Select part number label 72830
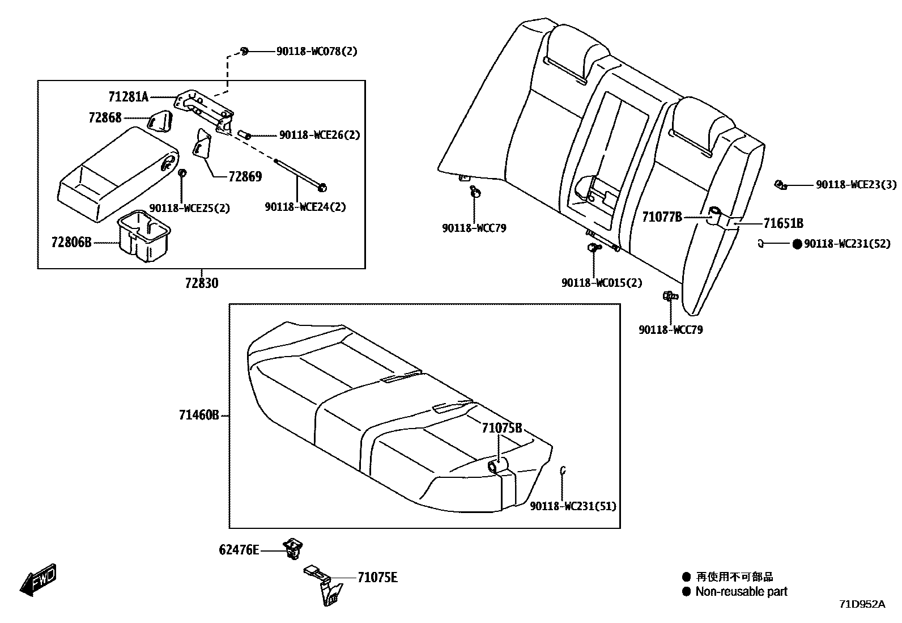(x=201, y=282)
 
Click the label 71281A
(x=128, y=97)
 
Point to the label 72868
(x=105, y=118)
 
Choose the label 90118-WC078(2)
(x=317, y=52)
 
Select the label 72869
(x=245, y=177)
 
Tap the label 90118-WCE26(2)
(x=320, y=135)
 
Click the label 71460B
(x=199, y=416)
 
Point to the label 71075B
(x=501, y=428)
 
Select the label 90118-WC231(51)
(x=573, y=506)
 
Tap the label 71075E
(x=377, y=578)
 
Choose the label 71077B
(x=662, y=217)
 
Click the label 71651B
(x=783, y=223)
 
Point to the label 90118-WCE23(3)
(x=856, y=185)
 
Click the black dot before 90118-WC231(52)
(x=797, y=244)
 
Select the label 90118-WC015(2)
(x=602, y=282)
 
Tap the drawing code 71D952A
(x=862, y=604)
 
